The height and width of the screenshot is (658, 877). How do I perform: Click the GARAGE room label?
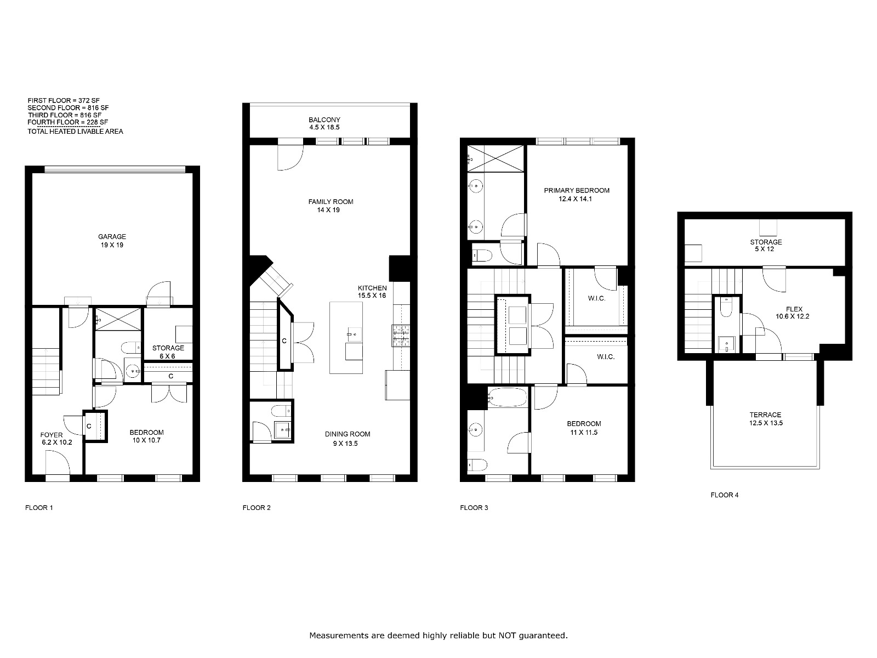click(112, 236)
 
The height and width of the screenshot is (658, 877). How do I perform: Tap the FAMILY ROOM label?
click(331, 202)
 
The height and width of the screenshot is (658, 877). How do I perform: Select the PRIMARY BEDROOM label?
click(577, 191)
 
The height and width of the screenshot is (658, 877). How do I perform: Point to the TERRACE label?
click(765, 415)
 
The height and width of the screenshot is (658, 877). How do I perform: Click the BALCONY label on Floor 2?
click(324, 120)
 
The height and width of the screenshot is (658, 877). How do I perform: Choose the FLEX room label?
click(794, 309)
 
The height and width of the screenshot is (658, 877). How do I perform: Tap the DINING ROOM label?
click(347, 434)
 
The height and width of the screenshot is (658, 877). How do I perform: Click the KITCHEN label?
click(372, 288)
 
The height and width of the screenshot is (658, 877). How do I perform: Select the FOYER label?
click(52, 435)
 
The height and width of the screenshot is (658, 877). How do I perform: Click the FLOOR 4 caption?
click(725, 495)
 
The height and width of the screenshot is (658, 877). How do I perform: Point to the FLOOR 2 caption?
click(257, 508)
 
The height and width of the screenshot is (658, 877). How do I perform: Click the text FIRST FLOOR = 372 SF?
click(64, 101)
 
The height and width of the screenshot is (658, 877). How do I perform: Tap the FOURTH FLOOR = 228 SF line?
click(67, 122)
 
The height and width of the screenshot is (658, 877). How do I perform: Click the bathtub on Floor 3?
click(507, 398)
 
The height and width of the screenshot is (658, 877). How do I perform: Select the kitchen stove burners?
click(401, 336)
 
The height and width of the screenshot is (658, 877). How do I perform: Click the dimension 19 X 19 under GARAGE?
click(112, 245)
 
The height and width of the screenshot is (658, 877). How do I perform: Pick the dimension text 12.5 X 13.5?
click(766, 423)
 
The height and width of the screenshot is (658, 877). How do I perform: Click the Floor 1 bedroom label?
click(147, 432)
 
